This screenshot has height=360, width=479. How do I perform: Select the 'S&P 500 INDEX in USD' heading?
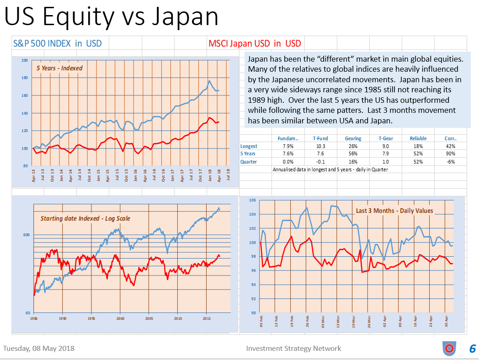coord(57,43)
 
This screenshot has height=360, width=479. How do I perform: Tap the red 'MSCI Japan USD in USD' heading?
coord(255,43)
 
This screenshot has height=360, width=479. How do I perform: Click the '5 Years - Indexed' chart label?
coord(59,68)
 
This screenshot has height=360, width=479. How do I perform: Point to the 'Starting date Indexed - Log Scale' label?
coord(85,218)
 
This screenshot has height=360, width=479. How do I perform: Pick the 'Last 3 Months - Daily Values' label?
coord(394,211)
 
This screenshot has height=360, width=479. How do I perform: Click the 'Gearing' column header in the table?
coord(353,138)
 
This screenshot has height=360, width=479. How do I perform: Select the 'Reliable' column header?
coord(418,138)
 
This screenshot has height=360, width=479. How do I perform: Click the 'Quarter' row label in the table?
coord(249,161)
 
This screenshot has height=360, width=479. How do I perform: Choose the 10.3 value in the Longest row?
coord(320,146)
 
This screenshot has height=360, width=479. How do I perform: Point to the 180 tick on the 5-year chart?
coord(24,78)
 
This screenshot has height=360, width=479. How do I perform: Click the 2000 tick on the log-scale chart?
coord(120,318)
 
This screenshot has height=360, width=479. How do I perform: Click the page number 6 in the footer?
coord(472,349)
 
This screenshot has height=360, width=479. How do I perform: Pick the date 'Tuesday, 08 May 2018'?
coord(39,349)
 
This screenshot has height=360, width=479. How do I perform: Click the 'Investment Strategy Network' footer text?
coord(293,349)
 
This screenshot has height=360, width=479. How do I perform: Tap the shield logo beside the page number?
coord(449,349)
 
